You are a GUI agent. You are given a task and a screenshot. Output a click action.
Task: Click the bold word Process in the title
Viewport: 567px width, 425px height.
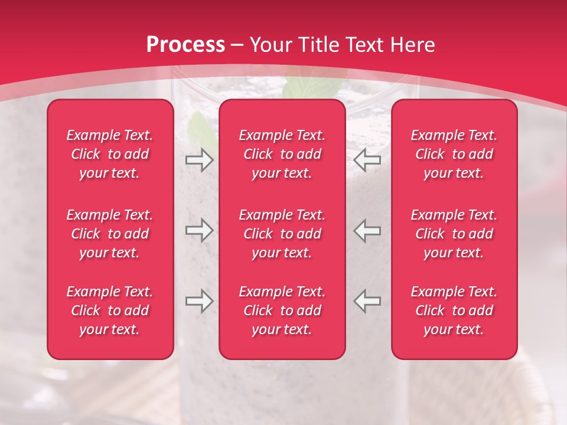185,45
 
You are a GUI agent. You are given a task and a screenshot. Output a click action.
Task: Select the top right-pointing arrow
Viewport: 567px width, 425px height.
199,160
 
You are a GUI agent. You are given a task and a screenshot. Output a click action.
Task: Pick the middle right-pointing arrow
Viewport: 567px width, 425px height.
199,230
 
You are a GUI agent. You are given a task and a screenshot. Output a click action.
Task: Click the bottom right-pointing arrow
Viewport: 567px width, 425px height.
199,302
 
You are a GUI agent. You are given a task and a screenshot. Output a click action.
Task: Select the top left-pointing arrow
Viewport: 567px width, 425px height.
367,160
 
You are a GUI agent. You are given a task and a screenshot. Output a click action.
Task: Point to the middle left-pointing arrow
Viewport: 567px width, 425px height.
367,230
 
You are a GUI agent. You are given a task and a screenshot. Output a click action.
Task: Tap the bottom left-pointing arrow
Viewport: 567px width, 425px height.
367,302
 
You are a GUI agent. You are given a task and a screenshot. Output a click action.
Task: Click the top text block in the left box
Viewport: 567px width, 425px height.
110,154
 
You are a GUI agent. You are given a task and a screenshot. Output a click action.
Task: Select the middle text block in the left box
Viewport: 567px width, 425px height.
110,234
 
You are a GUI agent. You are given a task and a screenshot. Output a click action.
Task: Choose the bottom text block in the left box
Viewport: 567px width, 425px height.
110,310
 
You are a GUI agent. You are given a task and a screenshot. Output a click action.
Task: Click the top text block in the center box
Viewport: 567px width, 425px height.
282,154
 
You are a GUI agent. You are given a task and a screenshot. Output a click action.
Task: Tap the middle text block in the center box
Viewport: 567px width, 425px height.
282,234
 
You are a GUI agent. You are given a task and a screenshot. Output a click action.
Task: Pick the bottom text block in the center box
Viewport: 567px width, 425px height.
282,310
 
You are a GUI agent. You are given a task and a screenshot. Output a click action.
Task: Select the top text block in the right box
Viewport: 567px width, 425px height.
454,154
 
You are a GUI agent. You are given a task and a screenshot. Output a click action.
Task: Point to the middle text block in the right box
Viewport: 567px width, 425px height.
454,234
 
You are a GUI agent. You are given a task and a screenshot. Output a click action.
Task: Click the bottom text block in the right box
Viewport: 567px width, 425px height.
454,310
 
